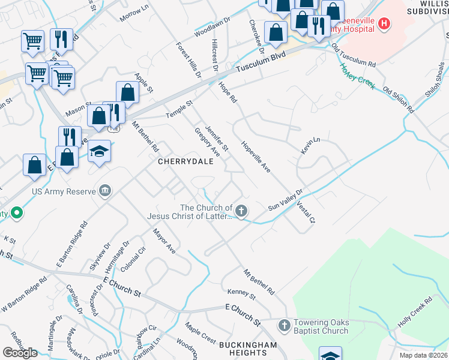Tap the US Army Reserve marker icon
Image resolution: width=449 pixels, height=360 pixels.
point(105,191)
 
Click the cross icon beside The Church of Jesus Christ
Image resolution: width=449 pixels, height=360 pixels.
point(241,211)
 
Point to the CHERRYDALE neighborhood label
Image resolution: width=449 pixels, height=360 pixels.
point(186,162)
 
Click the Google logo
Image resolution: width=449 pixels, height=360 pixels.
point(20,353)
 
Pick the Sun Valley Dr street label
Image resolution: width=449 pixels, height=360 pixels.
point(286,199)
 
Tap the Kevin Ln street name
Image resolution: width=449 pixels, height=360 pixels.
point(311,146)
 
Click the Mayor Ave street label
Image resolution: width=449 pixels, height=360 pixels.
point(163,241)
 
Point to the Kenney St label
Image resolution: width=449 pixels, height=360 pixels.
point(241,293)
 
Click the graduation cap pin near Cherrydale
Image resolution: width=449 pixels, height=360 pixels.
point(99,151)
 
